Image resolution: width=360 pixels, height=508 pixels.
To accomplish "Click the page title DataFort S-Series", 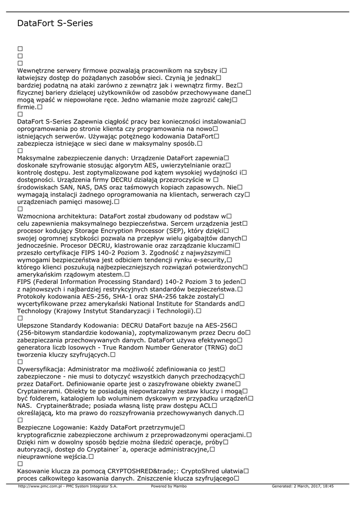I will pos(55,23).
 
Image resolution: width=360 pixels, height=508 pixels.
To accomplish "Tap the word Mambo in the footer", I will pos(180,486).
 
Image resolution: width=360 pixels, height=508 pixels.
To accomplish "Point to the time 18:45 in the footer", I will pos(329,486).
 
